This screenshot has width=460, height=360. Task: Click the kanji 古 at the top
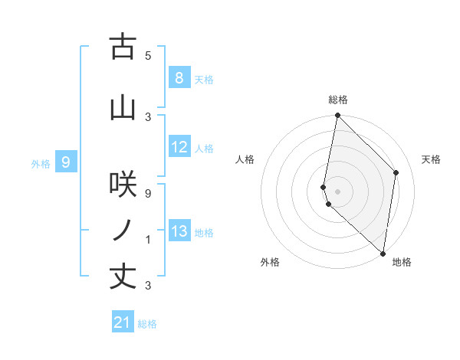pyautogui.click(x=123, y=47)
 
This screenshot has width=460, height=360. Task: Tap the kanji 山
pyautogui.click(x=123, y=108)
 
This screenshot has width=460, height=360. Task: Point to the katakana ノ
pyautogui.click(x=123, y=231)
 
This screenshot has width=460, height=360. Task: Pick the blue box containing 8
pyautogui.click(x=179, y=78)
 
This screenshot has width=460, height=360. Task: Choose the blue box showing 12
pyautogui.click(x=179, y=148)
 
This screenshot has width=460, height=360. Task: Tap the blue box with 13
pyautogui.click(x=179, y=231)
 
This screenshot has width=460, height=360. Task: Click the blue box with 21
pyautogui.click(x=122, y=322)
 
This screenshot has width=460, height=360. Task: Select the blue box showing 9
pyautogui.click(x=66, y=162)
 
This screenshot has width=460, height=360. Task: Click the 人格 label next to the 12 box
pyautogui.click(x=204, y=149)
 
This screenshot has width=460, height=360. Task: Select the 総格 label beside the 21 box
pyautogui.click(x=147, y=324)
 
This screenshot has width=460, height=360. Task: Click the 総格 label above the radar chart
pyautogui.click(x=337, y=100)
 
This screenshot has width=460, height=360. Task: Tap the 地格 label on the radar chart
pyautogui.click(x=402, y=262)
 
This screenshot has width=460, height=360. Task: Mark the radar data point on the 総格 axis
pyautogui.click(x=337, y=116)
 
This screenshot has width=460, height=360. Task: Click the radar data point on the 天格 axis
pyautogui.click(x=396, y=172)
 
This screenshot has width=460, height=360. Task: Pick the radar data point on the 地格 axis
pyautogui.click(x=383, y=254)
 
